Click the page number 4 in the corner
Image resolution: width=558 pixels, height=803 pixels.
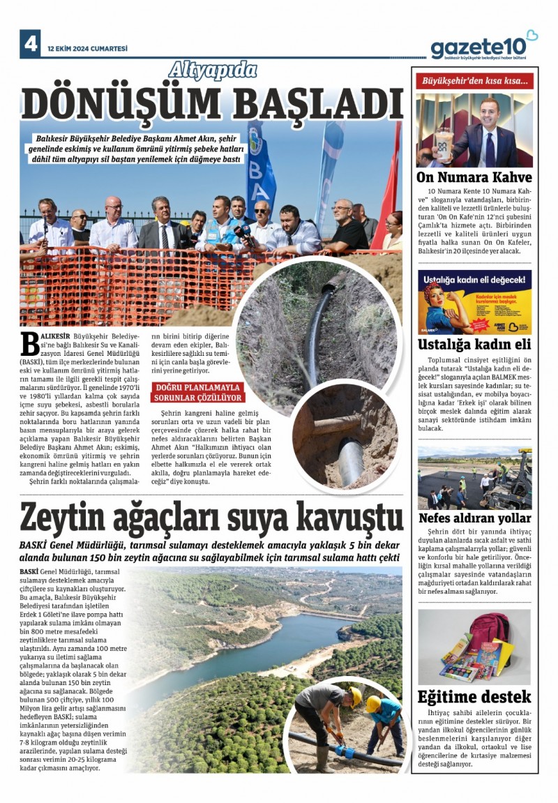point(30,45)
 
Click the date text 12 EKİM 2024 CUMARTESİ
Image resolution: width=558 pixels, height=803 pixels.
point(88,49)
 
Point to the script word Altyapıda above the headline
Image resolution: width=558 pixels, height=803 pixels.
point(213,70)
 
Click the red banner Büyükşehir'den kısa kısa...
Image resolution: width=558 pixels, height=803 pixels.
point(474,82)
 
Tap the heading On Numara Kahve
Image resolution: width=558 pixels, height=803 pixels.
point(474,177)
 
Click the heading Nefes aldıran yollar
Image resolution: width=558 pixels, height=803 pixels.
point(474,518)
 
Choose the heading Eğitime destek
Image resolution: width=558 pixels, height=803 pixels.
point(474,696)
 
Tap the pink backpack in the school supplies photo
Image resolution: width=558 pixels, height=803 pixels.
point(488,631)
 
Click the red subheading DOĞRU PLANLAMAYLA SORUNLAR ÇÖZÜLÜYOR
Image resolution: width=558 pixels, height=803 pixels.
point(198,393)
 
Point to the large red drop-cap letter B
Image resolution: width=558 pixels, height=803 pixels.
point(30,344)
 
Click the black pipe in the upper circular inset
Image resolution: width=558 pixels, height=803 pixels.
point(318,321)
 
